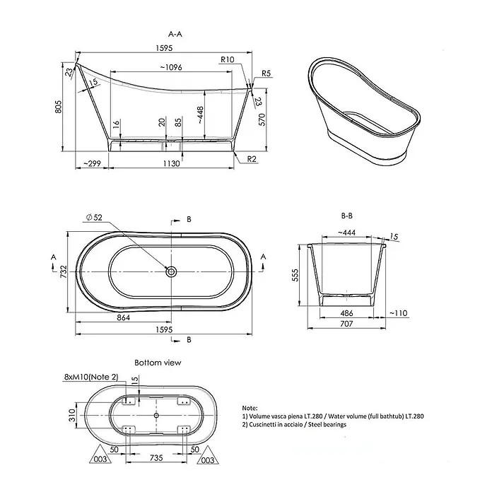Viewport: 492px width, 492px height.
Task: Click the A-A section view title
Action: tap(175, 34)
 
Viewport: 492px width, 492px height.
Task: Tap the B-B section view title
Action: tap(346, 216)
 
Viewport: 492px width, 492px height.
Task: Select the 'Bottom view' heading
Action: tap(158, 363)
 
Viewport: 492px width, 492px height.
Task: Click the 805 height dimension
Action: tap(59, 107)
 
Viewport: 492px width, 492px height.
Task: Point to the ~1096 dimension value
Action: tap(171, 67)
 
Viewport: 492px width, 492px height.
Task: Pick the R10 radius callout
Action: tap(227, 59)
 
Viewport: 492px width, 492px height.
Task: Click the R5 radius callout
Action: tap(266, 74)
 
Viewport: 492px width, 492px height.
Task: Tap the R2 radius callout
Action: tap(252, 159)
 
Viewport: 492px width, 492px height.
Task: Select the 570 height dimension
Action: tap(262, 119)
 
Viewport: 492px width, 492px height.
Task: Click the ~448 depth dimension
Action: tap(200, 115)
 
